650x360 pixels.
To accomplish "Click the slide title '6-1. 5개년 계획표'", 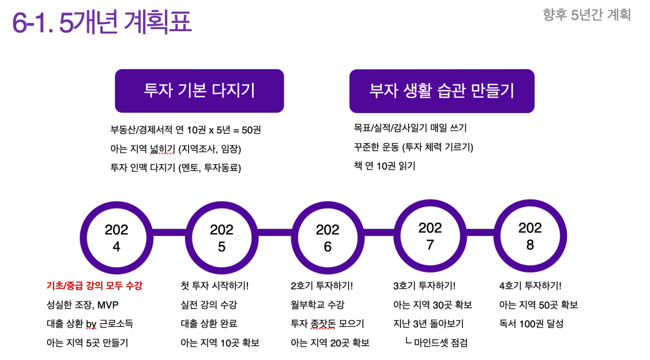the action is click(102, 22).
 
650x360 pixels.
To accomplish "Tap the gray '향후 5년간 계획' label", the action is click(587, 15).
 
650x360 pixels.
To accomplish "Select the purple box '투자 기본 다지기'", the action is click(199, 91).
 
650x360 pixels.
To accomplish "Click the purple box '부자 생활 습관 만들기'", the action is click(442, 91).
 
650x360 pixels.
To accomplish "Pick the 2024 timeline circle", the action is click(84, 238).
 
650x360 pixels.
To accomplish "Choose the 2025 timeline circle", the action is click(189, 238).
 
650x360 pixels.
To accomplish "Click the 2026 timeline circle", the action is click(295, 238).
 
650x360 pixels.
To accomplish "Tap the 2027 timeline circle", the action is click(397, 236).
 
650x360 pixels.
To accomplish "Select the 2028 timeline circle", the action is click(498, 236).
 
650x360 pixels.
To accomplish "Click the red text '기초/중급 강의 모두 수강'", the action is click(94, 286).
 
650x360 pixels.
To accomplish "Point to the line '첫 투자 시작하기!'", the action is click(214, 286).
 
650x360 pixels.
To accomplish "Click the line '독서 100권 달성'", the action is click(531, 324).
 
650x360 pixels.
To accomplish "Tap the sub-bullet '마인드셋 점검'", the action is click(440, 343).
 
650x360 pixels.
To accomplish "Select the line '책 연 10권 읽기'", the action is click(384, 166).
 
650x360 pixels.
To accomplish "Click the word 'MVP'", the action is click(108, 305).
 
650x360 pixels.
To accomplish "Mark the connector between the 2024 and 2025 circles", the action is click(169, 233).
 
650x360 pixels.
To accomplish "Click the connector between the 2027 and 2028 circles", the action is click(480, 232).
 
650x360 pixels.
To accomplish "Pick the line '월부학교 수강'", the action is click(317, 305).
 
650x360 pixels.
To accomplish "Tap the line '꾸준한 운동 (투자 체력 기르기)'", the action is click(414, 147).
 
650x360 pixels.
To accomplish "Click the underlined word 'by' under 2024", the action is click(91, 324).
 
